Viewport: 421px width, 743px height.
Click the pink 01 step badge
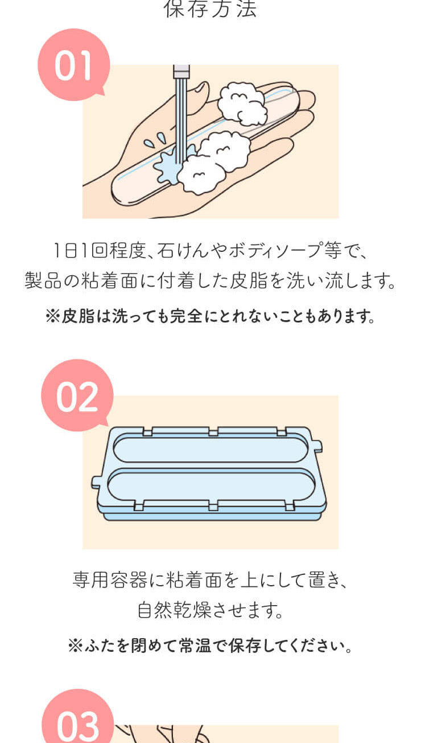click(x=73, y=64)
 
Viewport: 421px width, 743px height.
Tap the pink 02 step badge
click(x=77, y=395)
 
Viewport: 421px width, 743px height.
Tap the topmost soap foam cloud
click(x=242, y=103)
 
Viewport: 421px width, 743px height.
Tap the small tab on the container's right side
click(x=317, y=446)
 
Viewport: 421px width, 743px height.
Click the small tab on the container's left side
click(x=96, y=482)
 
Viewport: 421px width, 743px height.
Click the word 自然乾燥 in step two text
click(x=174, y=610)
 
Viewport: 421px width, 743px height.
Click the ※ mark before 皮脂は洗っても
click(x=53, y=316)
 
